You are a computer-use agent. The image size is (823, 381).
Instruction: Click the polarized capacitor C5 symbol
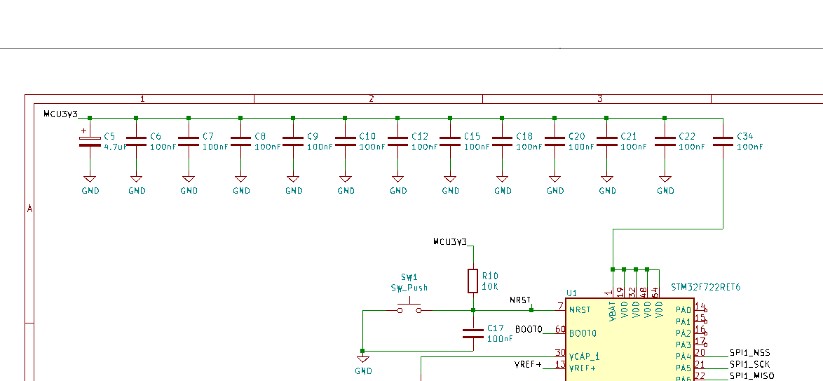click(89, 141)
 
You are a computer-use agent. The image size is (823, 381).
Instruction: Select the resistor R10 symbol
click(473, 281)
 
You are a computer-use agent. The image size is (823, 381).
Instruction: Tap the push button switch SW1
click(409, 309)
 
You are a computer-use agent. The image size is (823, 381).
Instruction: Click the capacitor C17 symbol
click(473, 333)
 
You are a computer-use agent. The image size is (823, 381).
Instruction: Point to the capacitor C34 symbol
click(723, 141)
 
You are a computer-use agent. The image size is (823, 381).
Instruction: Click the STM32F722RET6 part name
click(705, 288)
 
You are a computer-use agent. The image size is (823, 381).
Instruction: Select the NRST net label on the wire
click(520, 300)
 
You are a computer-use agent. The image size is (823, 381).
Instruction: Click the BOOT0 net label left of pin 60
click(529, 329)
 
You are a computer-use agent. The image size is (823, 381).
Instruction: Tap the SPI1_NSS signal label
click(749, 353)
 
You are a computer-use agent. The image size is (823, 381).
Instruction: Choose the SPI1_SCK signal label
click(749, 365)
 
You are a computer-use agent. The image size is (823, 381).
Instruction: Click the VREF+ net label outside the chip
click(528, 364)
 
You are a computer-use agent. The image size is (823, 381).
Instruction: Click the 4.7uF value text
click(115, 147)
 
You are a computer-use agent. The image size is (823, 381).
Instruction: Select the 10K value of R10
click(489, 287)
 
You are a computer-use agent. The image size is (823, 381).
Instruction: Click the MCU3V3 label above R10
click(449, 242)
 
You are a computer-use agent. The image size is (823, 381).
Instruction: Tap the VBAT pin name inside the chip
click(613, 312)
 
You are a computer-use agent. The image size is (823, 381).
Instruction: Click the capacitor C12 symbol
click(397, 141)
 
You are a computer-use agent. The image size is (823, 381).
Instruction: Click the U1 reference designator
click(571, 293)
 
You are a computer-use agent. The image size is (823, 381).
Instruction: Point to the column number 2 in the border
click(371, 99)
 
